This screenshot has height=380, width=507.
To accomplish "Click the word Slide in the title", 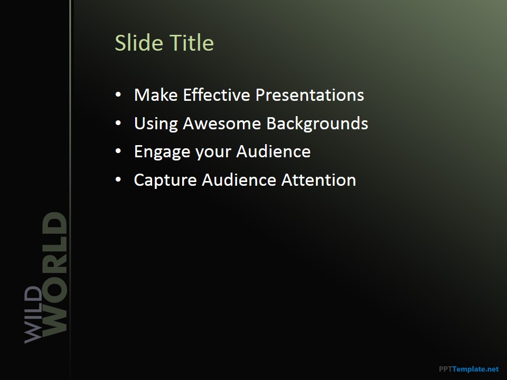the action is [139, 43].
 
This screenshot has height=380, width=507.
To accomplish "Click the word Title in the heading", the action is [192, 43].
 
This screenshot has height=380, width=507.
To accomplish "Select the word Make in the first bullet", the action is [156, 95].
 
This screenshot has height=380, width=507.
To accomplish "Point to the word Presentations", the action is [310, 95].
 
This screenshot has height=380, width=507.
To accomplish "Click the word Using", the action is [156, 124].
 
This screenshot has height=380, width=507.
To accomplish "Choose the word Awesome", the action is [222, 123].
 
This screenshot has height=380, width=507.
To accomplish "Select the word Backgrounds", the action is [317, 123].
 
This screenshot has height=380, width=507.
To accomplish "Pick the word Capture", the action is [165, 180].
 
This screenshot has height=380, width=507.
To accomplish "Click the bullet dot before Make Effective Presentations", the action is [118, 94].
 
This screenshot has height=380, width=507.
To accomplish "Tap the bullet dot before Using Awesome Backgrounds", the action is [118, 123].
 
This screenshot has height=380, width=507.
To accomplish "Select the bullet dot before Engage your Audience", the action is [118, 151].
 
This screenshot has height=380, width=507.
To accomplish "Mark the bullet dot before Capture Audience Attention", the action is [118, 179].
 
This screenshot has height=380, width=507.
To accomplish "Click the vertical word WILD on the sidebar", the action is [33, 315].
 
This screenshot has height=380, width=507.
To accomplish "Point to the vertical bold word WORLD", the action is [54, 274].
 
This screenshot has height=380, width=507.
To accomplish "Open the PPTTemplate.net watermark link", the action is [469, 369].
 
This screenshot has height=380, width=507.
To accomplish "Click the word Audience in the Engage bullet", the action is [274, 151].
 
